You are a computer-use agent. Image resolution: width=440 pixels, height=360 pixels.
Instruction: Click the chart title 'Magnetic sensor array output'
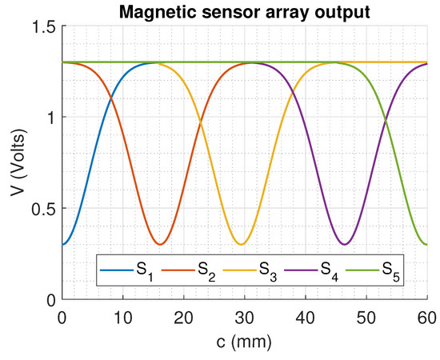pos(245,12)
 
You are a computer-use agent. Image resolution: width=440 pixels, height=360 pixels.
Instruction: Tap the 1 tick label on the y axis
pos(50,118)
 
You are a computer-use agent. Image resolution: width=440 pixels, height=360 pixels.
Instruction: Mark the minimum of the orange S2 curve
pos(161,244)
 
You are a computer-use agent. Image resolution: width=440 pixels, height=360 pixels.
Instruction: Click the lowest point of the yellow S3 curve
pos(241,244)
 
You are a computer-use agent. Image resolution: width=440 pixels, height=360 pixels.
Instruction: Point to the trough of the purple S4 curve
pos(344,244)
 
